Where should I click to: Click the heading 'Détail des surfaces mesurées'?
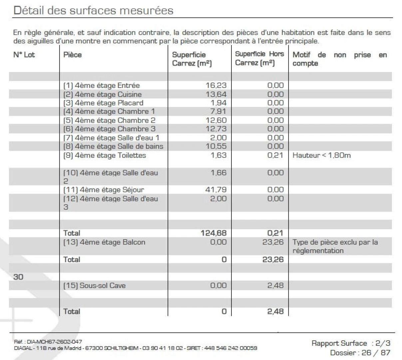[93, 10]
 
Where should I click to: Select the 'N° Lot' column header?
[24, 55]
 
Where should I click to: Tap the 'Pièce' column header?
[72, 55]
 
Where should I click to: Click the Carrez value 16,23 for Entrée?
[216, 85]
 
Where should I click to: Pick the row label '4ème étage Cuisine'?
[102, 94]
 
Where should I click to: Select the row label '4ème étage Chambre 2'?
[109, 120]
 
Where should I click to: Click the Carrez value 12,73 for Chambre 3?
[216, 129]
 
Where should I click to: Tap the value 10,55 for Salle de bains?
[216, 146]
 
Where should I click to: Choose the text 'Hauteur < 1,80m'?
[321, 155]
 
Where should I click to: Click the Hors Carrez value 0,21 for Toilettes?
[275, 155]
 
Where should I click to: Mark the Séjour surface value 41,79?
[216, 190]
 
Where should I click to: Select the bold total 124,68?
[213, 233]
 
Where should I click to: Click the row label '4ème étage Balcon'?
[104, 242]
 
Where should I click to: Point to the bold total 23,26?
[273, 259]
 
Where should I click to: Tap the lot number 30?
[18, 277]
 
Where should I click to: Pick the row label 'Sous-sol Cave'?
[94, 286]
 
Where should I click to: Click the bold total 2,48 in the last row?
[275, 311]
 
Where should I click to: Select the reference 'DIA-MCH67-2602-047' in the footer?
[54, 342]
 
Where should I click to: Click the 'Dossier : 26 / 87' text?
[360, 352]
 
